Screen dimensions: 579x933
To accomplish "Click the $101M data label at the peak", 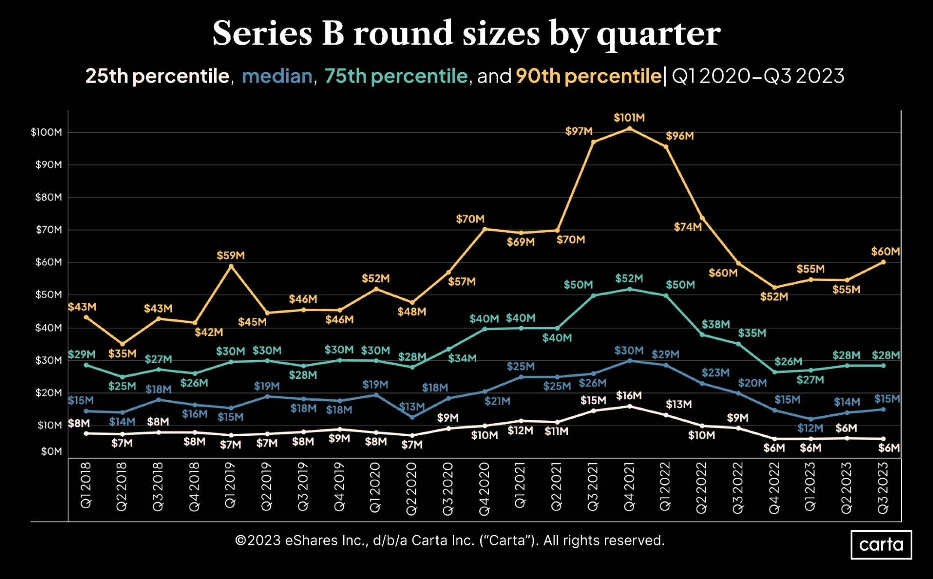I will [629, 118].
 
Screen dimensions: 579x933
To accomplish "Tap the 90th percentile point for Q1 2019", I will [231, 266].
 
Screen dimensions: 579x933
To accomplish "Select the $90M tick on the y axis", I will [49, 165].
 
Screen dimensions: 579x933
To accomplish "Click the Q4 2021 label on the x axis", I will [629, 486].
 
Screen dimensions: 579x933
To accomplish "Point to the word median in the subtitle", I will [277, 76].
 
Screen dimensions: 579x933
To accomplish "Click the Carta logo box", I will [881, 544].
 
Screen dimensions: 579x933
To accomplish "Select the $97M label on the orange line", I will [579, 131].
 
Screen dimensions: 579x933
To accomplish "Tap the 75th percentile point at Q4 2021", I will [630, 289].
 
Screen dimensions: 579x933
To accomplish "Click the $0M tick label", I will [51, 451].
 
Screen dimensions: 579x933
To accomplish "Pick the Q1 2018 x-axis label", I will [86, 485].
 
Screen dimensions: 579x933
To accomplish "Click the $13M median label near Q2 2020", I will [412, 406].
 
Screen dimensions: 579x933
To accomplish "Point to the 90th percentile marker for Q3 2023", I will [883, 262].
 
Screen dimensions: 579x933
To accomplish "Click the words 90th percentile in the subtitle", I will [588, 76].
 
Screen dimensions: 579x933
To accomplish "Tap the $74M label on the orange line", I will [687, 227].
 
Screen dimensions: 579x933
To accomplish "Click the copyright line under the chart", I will [449, 540].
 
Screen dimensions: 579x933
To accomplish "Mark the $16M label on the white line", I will [629, 396].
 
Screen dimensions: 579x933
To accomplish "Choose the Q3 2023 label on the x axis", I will [883, 488].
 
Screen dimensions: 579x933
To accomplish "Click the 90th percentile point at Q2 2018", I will [122, 344].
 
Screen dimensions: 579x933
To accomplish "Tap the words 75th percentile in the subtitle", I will [396, 76].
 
